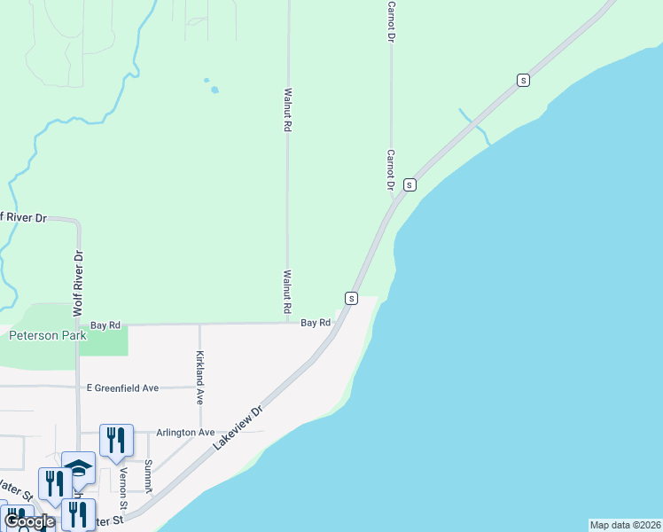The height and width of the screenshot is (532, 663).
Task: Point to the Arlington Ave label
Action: click(185, 432)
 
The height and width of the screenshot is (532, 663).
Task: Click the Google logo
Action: click(29, 521)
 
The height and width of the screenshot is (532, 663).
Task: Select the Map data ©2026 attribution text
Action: click(625, 525)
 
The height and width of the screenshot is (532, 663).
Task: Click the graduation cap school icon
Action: click(78, 467)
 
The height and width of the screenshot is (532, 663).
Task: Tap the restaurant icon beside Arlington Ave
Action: click(116, 438)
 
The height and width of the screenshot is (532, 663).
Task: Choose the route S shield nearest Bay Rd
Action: click(352, 298)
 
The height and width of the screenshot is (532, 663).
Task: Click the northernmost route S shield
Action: click(523, 80)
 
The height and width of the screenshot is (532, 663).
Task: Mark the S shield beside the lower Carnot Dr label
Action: click(409, 184)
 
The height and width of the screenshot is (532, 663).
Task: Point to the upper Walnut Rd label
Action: click(287, 110)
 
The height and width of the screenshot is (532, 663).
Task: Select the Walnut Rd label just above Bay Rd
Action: click(287, 293)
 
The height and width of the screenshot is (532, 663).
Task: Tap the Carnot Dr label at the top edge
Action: click(390, 18)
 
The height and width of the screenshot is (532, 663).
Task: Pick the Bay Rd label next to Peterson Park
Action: click(105, 325)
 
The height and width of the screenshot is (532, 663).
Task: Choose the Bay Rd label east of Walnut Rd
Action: click(315, 323)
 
